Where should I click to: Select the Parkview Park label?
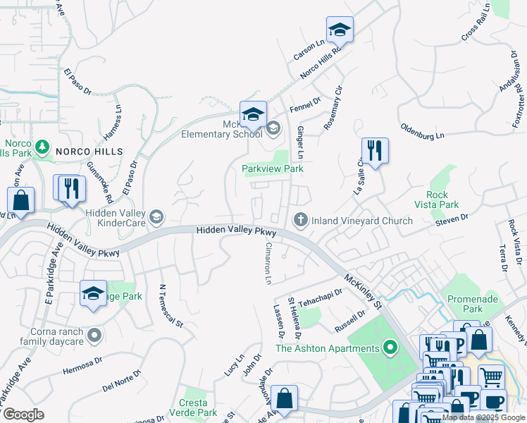pos(272,169)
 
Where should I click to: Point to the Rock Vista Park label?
pos(442,200)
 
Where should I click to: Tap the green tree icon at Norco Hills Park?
pos(42,147)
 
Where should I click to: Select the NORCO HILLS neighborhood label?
pos(89,152)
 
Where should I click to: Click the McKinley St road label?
pos(361,292)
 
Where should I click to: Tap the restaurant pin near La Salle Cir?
pos(375,152)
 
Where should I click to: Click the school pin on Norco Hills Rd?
pos(340,32)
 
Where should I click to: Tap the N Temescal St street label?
pos(170,306)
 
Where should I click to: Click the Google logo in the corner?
pos(23,415)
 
